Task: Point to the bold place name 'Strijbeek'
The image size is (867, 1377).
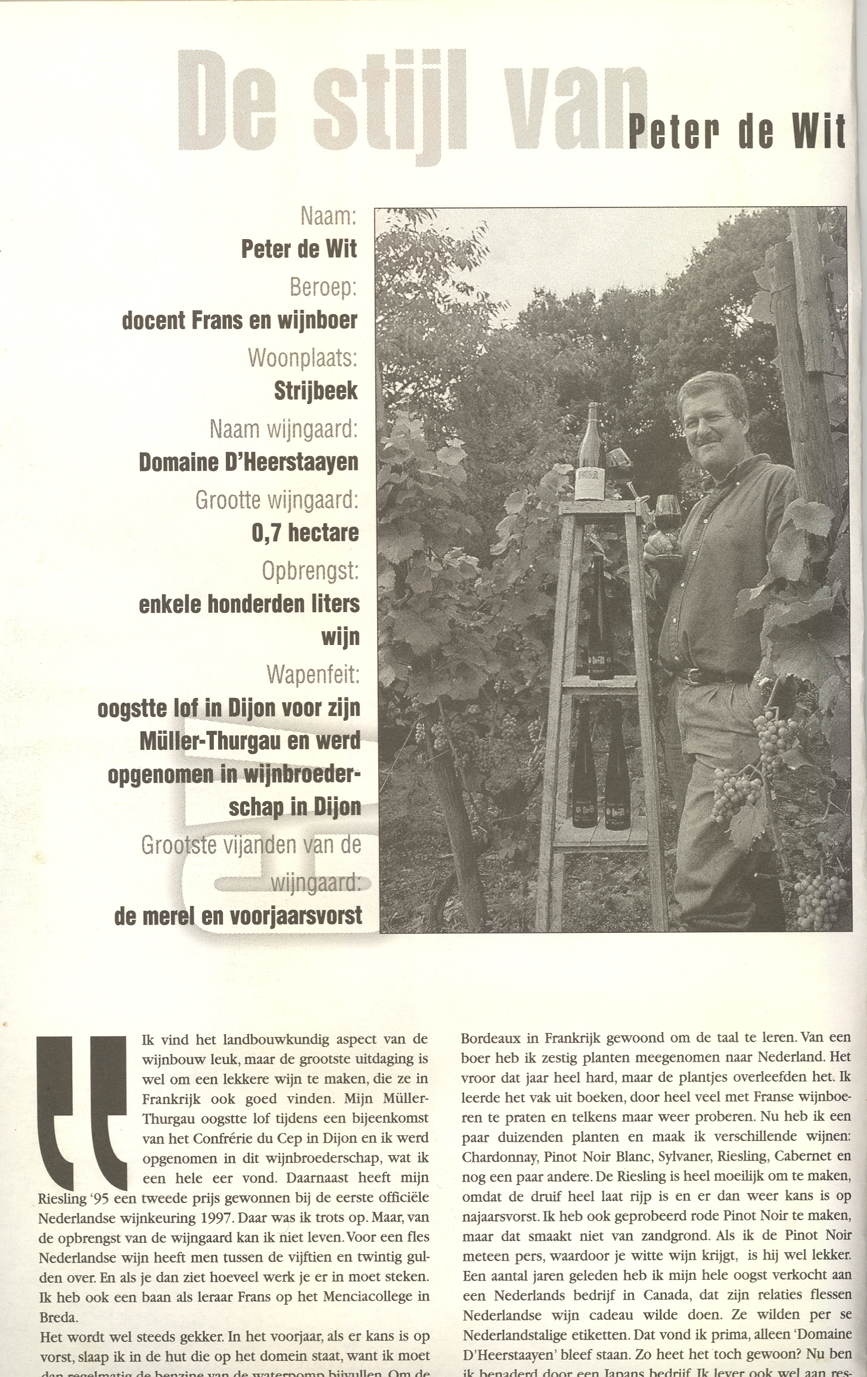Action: (x=315, y=390)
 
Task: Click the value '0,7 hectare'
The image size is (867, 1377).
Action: (x=305, y=532)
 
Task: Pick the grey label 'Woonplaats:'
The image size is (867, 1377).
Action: (x=302, y=357)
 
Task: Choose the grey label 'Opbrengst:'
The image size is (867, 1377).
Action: (x=310, y=570)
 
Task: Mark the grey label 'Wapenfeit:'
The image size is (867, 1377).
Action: (x=313, y=674)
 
